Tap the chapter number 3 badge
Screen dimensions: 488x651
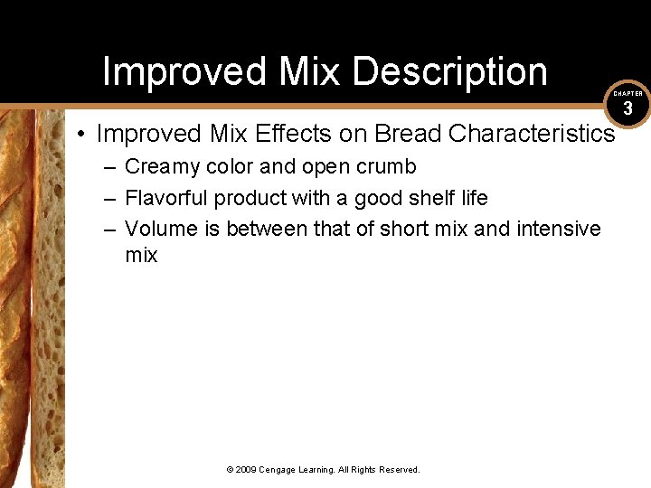(x=627, y=108)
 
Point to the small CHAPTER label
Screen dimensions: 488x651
(x=627, y=94)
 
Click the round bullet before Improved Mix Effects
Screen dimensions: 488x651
(x=81, y=135)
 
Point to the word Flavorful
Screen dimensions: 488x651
(x=166, y=198)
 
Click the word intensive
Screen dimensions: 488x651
(x=558, y=229)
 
